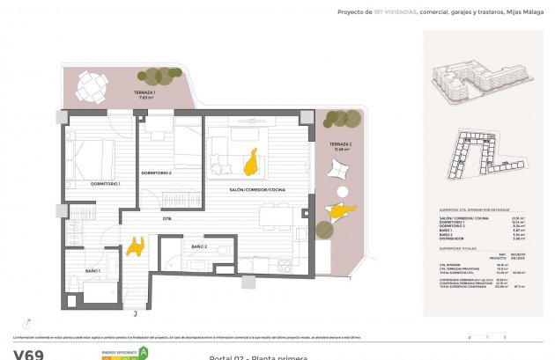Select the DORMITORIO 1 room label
coord(105,183)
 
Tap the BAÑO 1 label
coord(92,270)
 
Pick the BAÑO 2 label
coord(198,246)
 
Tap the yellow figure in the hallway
coord(136,246)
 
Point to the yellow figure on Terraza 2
coord(340,209)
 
